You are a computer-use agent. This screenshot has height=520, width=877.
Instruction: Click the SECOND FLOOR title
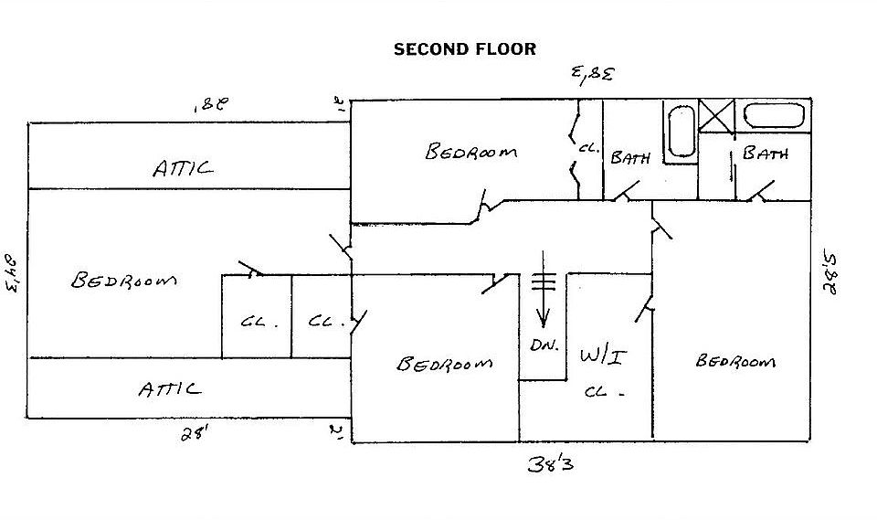(464, 48)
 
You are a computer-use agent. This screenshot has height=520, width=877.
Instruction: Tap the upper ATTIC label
(183, 168)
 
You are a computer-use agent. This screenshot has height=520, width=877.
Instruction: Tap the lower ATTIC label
(170, 388)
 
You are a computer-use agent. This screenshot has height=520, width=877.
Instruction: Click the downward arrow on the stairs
(543, 302)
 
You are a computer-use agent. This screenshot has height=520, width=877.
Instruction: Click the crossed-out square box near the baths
(717, 117)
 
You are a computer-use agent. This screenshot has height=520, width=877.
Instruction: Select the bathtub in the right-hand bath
(774, 116)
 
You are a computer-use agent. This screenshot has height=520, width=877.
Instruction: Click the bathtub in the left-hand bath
(679, 133)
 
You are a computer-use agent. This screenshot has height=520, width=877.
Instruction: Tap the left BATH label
(630, 158)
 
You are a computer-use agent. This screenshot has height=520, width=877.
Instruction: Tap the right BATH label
(765, 154)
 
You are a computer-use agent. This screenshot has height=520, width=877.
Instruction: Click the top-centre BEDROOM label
(470, 152)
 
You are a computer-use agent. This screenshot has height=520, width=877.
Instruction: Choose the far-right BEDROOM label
(735, 361)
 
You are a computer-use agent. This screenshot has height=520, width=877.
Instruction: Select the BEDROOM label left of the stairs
(444, 364)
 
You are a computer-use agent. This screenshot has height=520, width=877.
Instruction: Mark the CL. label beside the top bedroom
(587, 148)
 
